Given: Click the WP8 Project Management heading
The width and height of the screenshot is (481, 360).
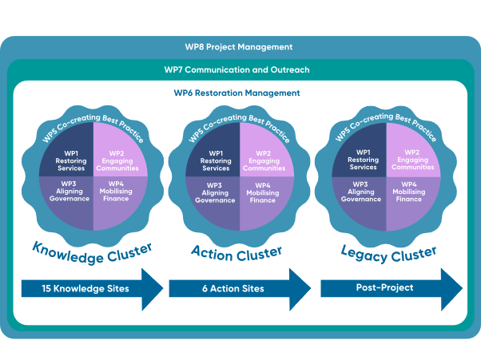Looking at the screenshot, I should tap(238, 47).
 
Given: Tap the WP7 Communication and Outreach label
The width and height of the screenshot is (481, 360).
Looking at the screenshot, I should tap(237, 70).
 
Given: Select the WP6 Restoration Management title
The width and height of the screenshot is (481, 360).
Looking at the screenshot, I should tap(237, 93).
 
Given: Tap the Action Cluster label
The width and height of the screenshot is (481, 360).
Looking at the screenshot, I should tap(237, 252).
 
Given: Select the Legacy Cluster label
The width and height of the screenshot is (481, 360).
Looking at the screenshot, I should tap(388, 254).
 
